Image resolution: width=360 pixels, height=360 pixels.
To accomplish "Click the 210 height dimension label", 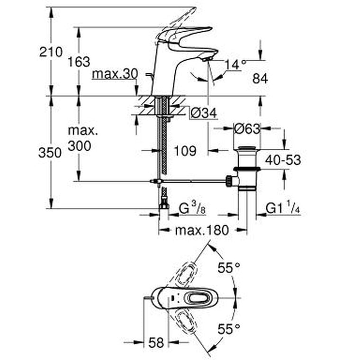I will point(51,52).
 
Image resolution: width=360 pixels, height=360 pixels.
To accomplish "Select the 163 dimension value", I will point(79,62).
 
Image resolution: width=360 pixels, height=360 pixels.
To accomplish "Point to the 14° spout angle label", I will point(236,64).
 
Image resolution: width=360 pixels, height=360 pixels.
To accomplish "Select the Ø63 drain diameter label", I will point(247,129).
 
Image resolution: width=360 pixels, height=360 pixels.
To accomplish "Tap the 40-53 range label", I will point(283,160).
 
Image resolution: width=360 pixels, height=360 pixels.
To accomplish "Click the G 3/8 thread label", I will point(191,209).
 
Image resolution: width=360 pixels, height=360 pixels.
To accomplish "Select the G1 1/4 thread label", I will point(283,209).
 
